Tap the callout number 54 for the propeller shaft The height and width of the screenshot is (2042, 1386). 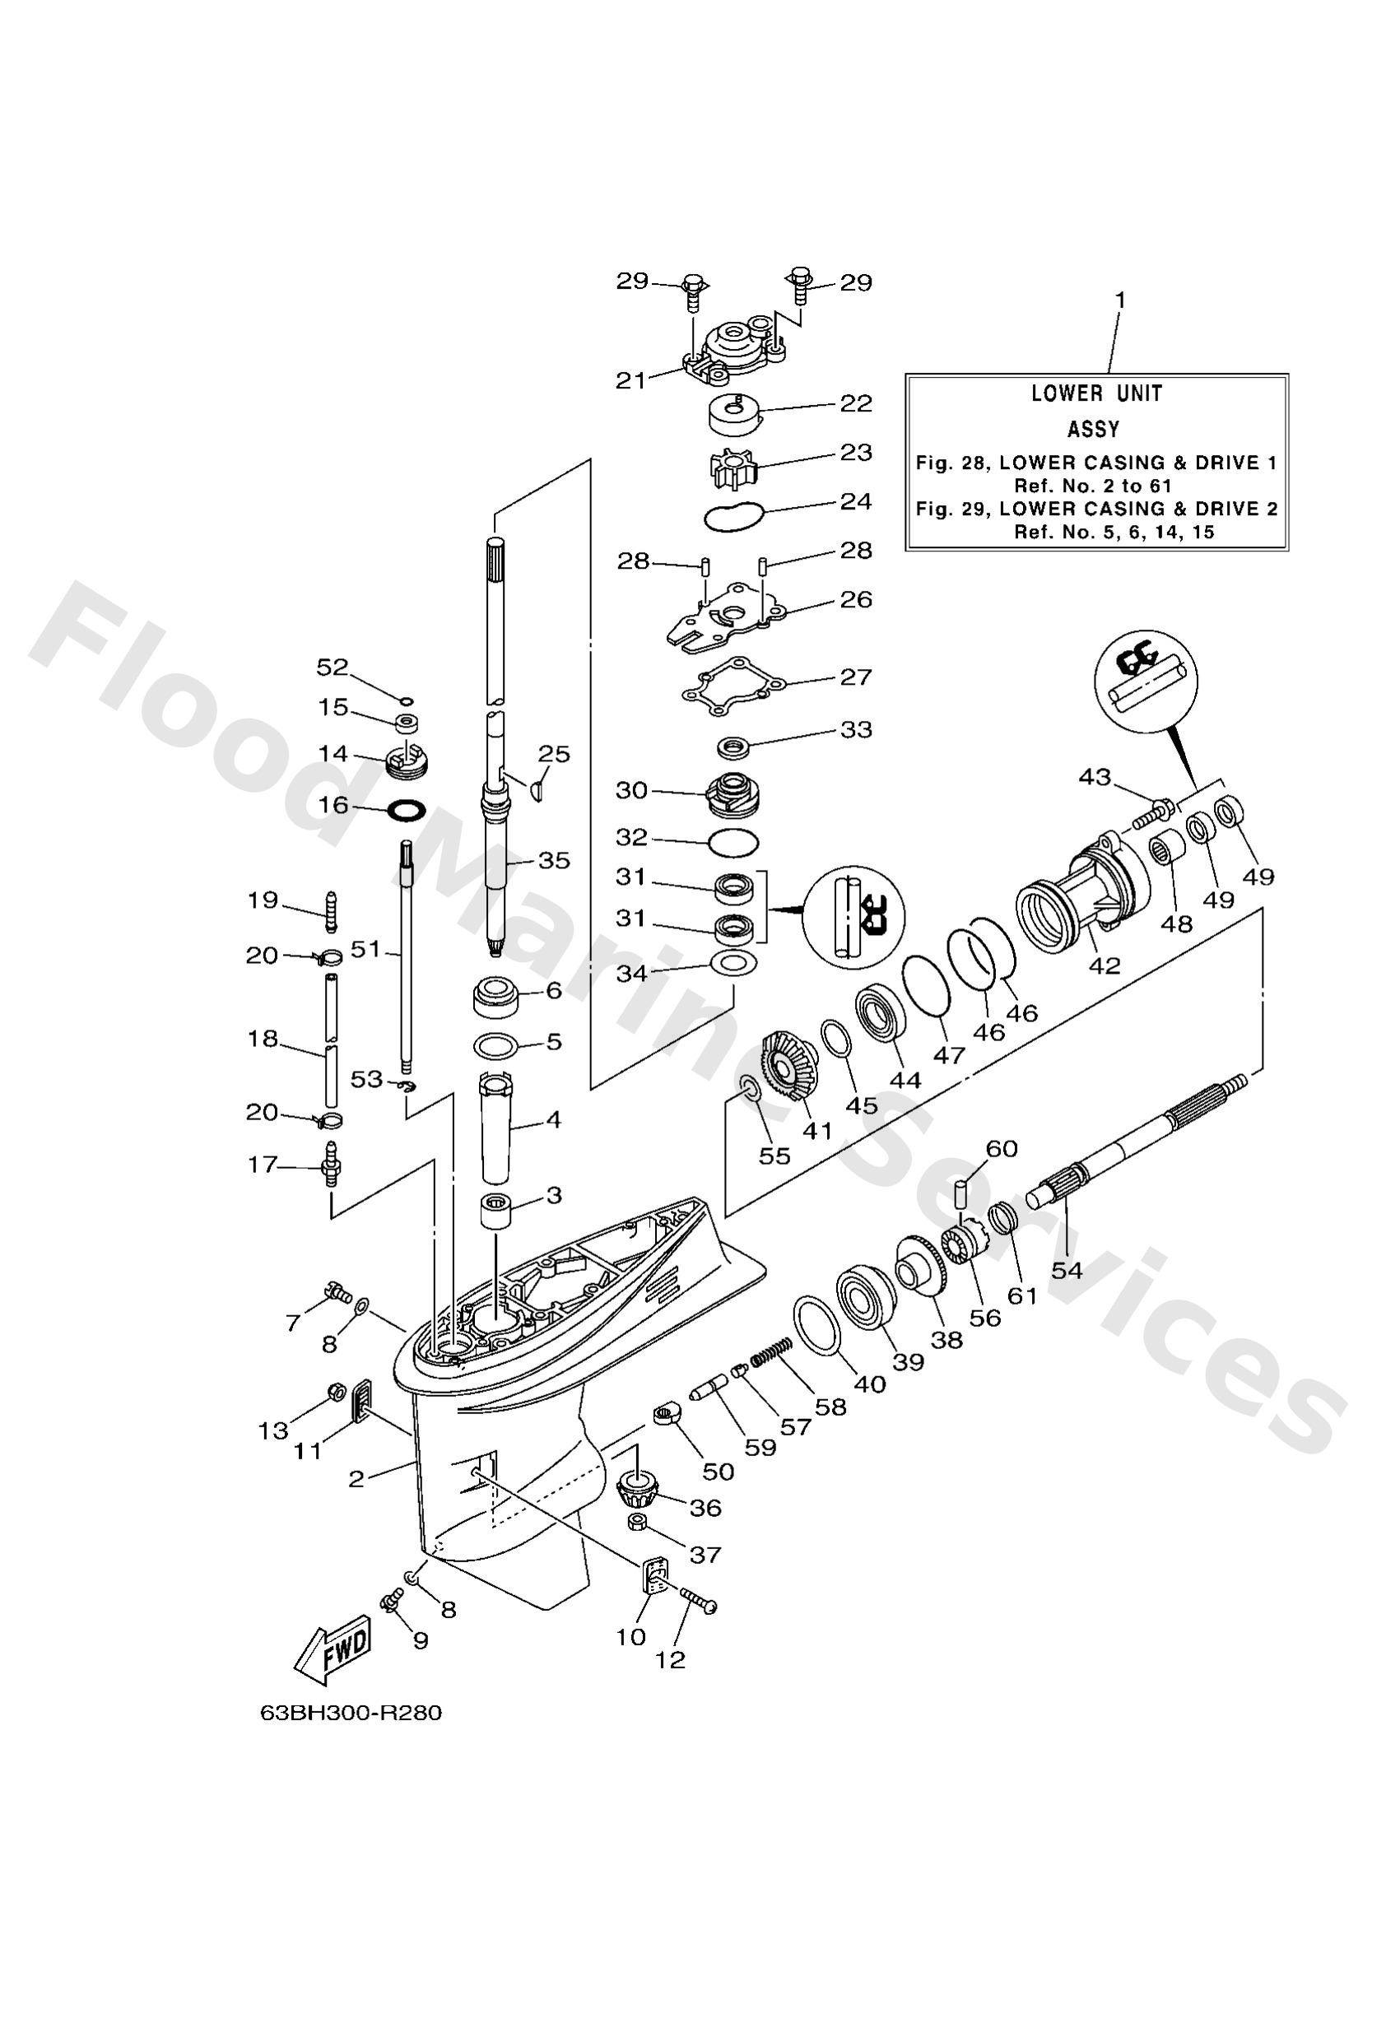[x=1066, y=1270]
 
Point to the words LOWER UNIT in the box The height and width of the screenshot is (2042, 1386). [x=1096, y=393]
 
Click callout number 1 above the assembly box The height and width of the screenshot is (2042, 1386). [x=1119, y=300]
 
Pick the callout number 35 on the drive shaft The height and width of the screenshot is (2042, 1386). [x=554, y=860]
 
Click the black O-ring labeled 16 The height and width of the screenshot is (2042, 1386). [x=406, y=807]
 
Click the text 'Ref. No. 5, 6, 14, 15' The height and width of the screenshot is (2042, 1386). [x=1114, y=532]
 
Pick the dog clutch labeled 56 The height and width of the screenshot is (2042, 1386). [x=964, y=1248]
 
